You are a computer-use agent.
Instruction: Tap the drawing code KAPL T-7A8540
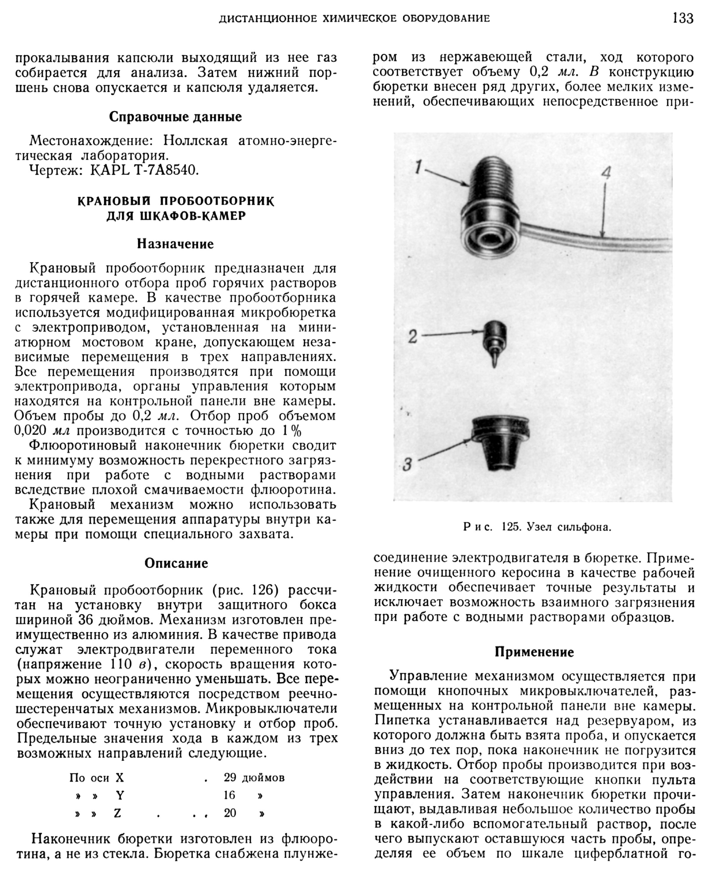pos(144,170)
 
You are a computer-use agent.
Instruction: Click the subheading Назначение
pos(175,244)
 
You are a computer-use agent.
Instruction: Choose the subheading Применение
pos(534,652)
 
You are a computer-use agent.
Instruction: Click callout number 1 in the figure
pos(418,168)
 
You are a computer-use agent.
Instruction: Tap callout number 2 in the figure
pos(412,337)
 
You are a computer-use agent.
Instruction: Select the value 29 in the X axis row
pos(230,778)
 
